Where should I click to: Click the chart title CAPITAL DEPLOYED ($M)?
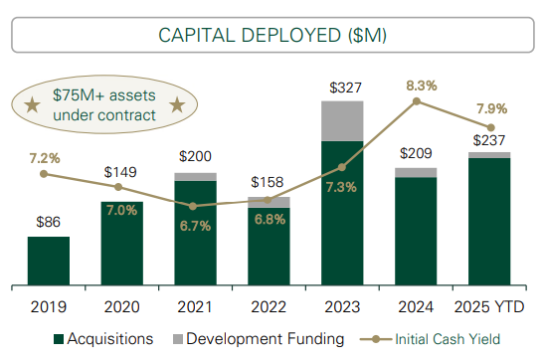pos(271,35)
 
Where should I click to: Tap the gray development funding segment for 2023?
pos(341,120)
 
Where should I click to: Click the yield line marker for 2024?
pos(417,100)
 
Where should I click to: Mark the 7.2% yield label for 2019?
pos(44,157)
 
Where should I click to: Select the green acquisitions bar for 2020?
pos(121,243)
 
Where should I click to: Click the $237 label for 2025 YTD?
pos(490,140)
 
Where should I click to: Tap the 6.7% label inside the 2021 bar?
pos(195,225)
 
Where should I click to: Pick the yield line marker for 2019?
pos(44,174)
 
